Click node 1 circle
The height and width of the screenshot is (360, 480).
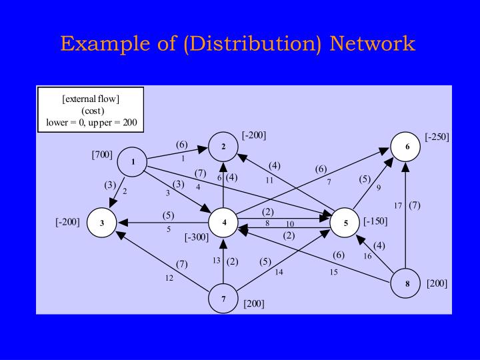tap(133, 162)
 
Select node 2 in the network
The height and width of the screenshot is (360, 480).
tap(224, 146)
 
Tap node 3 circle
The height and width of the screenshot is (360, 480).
tap(102, 223)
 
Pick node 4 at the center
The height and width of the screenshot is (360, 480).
tap(224, 223)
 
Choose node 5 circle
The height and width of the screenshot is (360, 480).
tap(345, 223)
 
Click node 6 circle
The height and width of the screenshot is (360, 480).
tap(406, 147)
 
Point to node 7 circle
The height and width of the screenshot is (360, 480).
tap(224, 299)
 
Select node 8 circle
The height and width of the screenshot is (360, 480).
tap(406, 283)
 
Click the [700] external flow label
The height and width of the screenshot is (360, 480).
tap(102, 155)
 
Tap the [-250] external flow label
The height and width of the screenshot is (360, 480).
tap(437, 137)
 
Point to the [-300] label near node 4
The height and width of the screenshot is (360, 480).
tap(197, 237)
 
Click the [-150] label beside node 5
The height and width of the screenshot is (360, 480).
tap(375, 221)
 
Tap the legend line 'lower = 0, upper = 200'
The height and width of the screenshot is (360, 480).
tap(91, 122)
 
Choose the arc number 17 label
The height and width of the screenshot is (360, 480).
tap(398, 205)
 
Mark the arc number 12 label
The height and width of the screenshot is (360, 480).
tap(169, 278)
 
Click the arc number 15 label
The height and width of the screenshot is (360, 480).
tap(333, 271)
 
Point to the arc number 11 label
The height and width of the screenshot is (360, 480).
tap(269, 180)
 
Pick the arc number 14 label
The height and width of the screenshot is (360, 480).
tap(279, 271)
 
